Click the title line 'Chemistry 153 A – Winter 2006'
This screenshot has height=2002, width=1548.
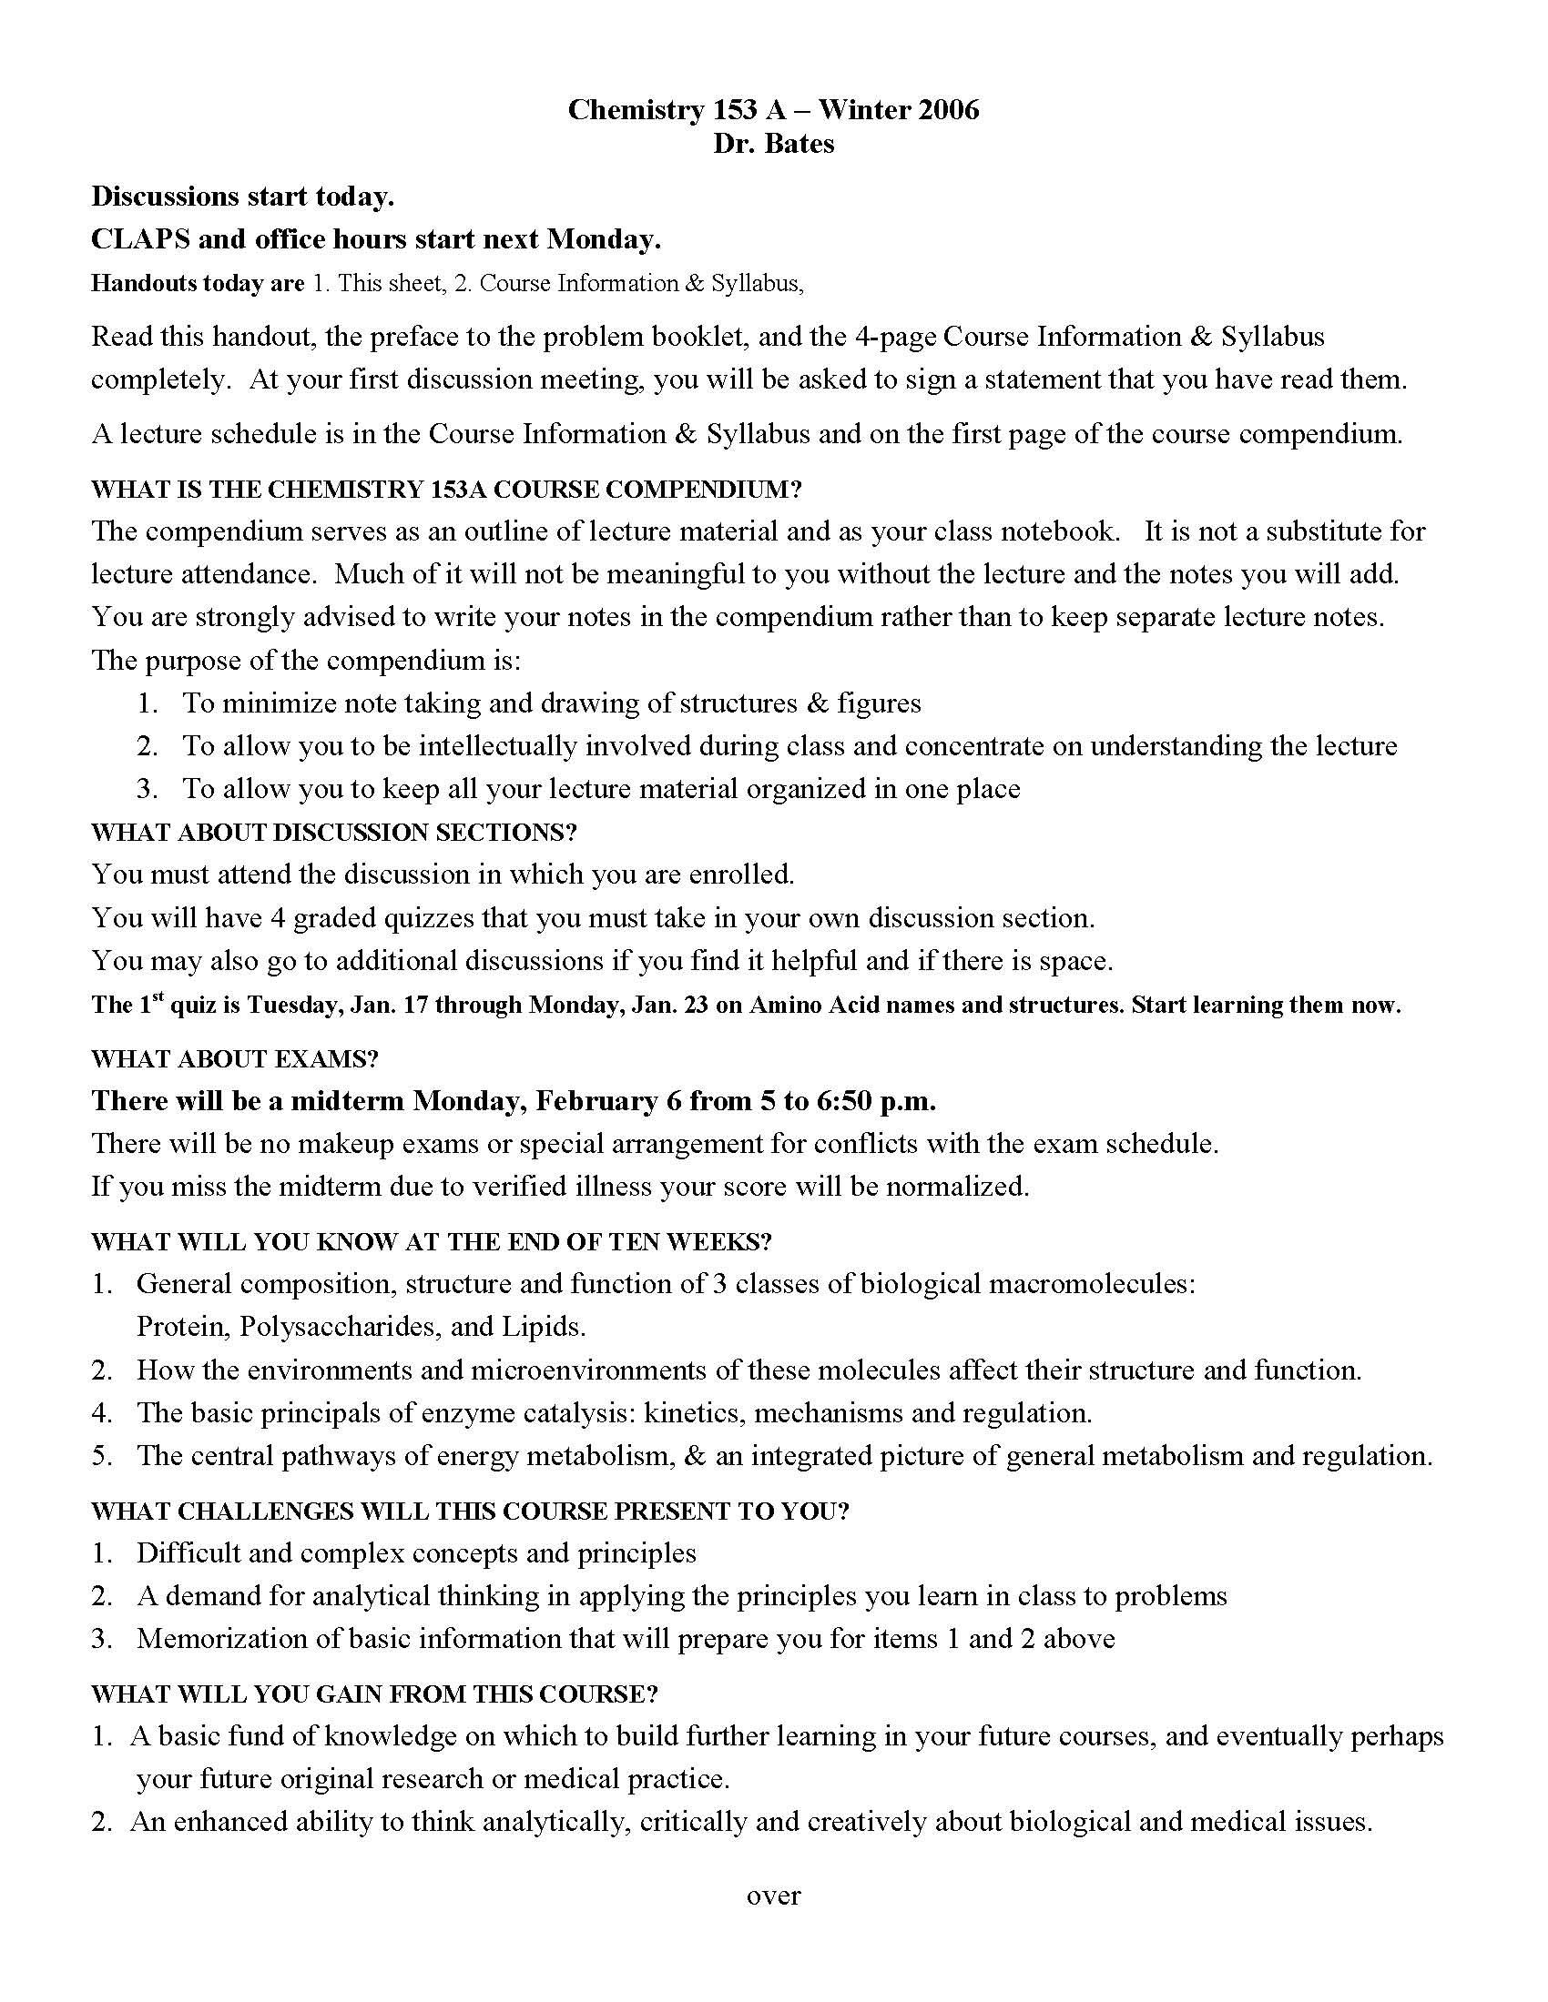[773, 110]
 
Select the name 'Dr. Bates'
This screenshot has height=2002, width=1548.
[773, 144]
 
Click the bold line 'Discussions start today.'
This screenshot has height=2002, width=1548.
[242, 197]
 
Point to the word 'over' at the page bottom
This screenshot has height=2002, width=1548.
[773, 1895]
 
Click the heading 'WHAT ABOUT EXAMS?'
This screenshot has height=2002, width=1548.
[235, 1058]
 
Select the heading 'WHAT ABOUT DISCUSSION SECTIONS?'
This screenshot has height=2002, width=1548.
[334, 833]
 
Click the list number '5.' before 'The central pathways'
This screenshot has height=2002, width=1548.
[102, 1455]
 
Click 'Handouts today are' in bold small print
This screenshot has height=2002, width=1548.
[198, 283]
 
